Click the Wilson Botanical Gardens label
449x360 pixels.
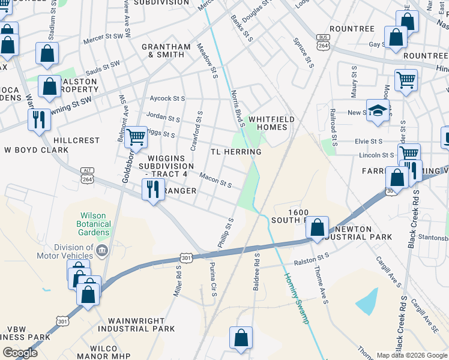tap(95, 223)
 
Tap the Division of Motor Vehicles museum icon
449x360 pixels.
tap(102, 250)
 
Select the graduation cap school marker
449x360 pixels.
tap(377, 111)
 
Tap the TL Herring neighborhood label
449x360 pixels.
tap(236, 152)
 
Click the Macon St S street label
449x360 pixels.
tap(216, 179)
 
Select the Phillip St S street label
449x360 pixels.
tap(226, 233)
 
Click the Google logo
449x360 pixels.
tap(20, 352)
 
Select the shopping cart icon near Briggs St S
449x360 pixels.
tap(136, 137)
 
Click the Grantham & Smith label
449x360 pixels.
tap(163, 50)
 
